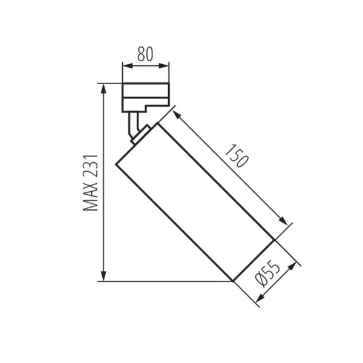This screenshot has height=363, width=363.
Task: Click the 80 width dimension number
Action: (x=145, y=54)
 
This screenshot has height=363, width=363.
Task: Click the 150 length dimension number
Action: (x=236, y=157)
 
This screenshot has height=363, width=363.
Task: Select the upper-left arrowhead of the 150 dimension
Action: (x=176, y=113)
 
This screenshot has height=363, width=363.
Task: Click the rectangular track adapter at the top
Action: (x=145, y=96)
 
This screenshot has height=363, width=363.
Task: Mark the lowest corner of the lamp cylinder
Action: (x=234, y=281)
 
